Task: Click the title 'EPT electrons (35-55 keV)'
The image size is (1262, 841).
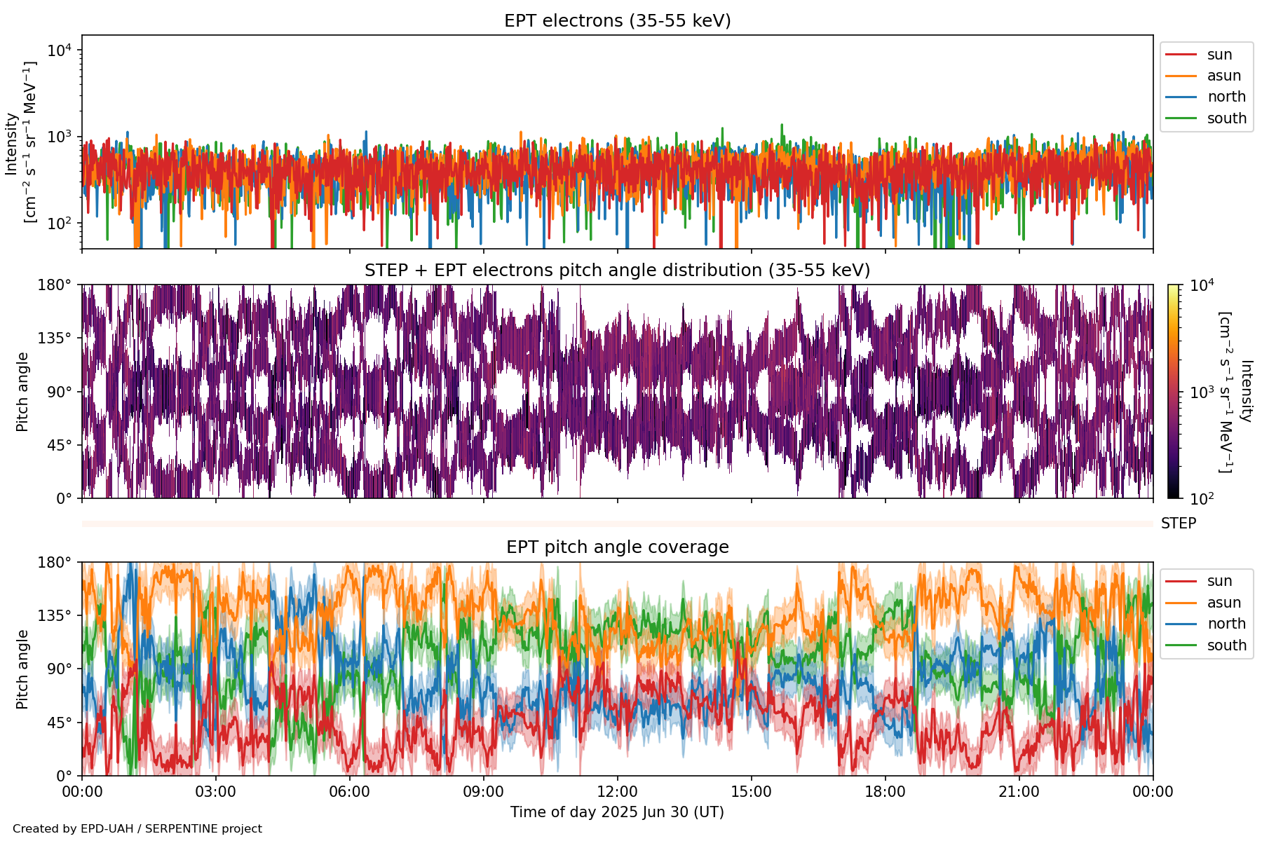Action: pos(617,21)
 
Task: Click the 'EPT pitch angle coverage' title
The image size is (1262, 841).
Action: pos(617,547)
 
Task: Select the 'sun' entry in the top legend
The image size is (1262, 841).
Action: pos(1219,55)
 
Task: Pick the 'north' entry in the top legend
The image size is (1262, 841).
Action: pos(1226,97)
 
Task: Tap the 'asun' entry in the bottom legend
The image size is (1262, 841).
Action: pos(1223,603)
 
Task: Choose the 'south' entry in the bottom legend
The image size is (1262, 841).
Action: pos(1226,645)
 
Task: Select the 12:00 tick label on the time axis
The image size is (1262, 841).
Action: pos(617,792)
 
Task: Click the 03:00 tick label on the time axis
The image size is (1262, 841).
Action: pos(215,792)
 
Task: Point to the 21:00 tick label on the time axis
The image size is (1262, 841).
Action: pos(1019,792)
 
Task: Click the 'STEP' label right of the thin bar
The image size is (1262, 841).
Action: pos(1178,524)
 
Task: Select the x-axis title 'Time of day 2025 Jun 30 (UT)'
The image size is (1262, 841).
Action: pos(617,812)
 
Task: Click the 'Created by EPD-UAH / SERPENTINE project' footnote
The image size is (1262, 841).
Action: pos(137,828)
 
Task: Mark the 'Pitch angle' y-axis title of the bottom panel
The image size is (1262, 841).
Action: pos(22,669)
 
